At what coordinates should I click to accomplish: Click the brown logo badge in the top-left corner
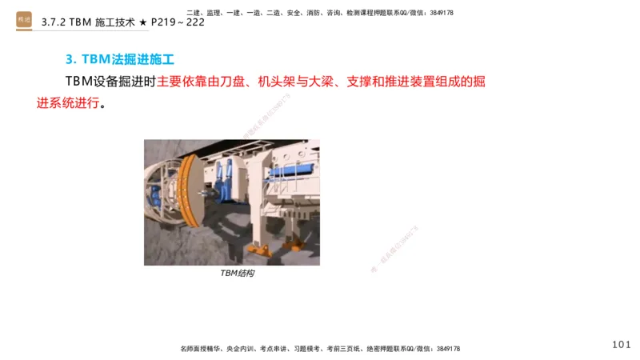tap(24, 20)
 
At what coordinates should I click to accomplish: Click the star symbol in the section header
tap(142, 22)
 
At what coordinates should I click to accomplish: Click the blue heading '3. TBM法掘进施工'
tap(120, 59)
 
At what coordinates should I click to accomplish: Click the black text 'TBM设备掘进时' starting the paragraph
tap(111, 82)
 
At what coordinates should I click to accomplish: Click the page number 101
tap(621, 344)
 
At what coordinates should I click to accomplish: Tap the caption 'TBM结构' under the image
tap(237, 274)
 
